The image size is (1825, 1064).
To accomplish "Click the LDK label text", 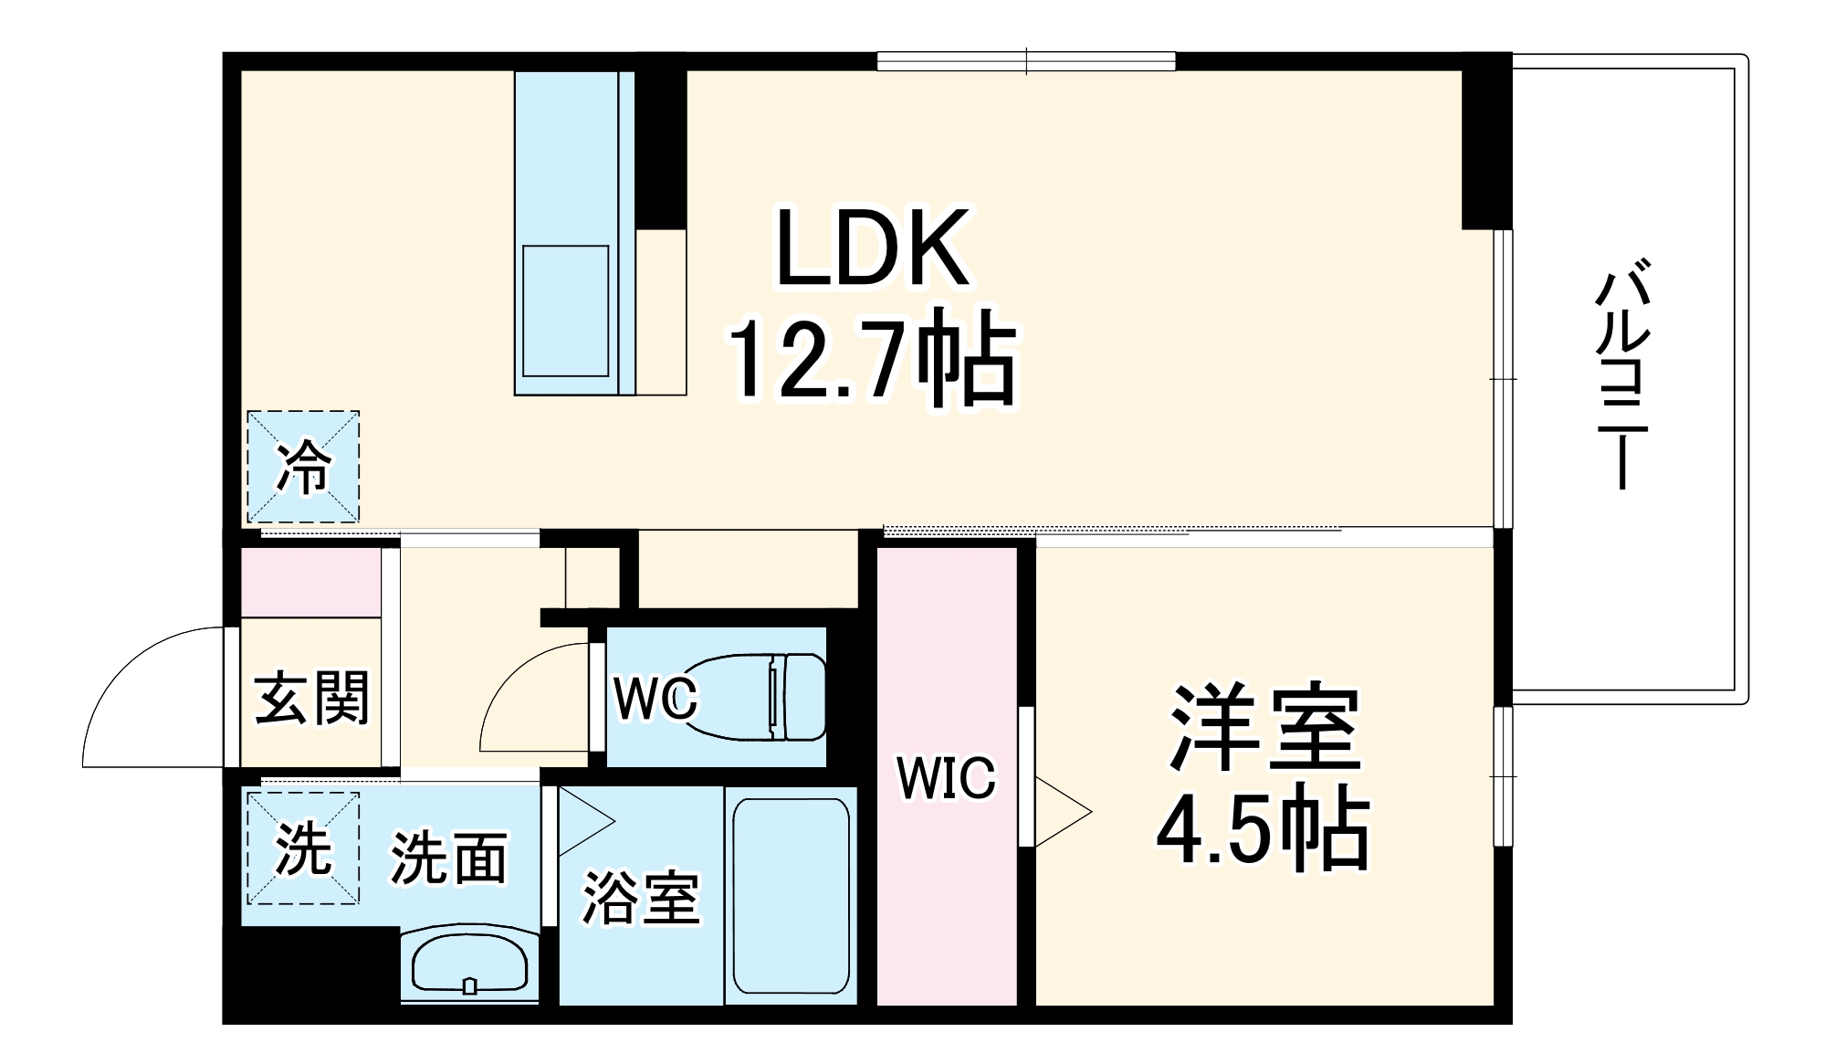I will (872, 248).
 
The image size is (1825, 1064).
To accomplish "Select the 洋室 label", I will (1265, 727).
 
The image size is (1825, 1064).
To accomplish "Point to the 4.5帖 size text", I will (1264, 831).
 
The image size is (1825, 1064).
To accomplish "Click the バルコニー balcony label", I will (1621, 374).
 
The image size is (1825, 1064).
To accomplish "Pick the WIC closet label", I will (946, 778).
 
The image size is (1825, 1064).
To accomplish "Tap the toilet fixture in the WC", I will (756, 696).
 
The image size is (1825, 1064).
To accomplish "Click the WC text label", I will (656, 699).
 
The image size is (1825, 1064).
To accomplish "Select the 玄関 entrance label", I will (311, 699).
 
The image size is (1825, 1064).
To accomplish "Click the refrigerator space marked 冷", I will (303, 467).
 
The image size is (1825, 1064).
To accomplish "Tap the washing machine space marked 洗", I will (303, 848).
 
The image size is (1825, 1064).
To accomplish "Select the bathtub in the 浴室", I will (791, 895).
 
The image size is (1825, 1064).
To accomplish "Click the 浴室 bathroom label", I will (641, 897).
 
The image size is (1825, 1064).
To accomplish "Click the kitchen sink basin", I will (565, 311).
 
